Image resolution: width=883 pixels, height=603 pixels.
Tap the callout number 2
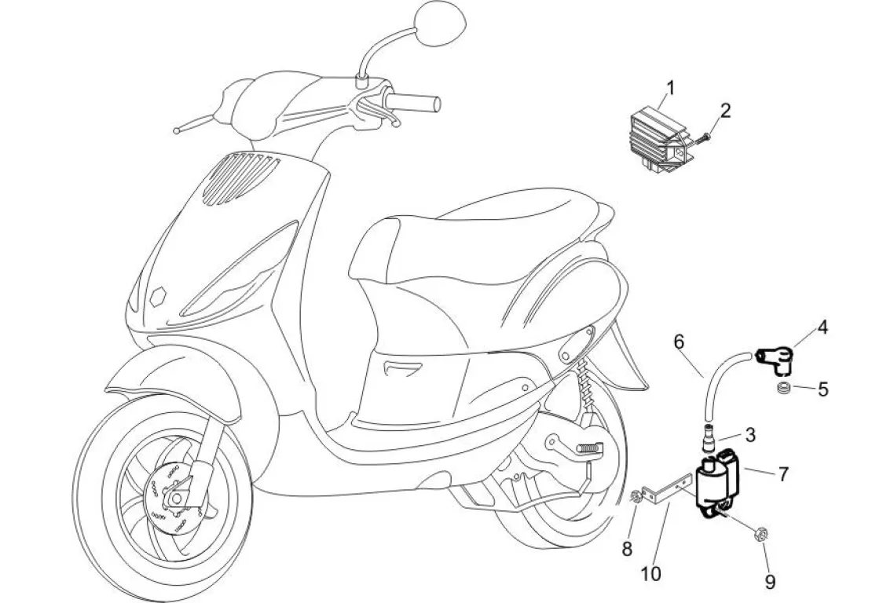725,110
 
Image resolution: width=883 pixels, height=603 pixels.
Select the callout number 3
750,433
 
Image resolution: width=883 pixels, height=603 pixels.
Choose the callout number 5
823,389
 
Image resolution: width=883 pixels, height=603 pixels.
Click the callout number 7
782,473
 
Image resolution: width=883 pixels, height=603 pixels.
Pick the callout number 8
627,549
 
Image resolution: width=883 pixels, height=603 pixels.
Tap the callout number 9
770,581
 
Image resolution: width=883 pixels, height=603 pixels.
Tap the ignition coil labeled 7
716,484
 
